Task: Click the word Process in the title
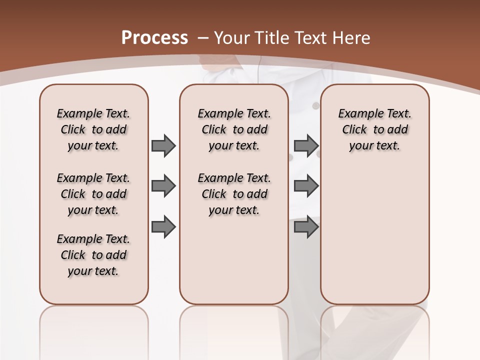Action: point(154,38)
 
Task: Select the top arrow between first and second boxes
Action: point(163,145)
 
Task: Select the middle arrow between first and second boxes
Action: point(163,186)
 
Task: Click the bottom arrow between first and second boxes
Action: point(163,227)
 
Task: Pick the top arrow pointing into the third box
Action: point(306,145)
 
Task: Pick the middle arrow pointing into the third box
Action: point(306,186)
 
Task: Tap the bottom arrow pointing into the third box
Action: point(306,227)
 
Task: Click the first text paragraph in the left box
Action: point(93,129)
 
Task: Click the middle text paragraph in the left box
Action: point(93,194)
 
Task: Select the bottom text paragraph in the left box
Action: point(93,255)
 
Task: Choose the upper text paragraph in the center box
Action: point(234,129)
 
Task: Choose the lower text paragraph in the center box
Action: point(234,194)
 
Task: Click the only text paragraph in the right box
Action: point(374,129)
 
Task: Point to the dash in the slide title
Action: point(203,38)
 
